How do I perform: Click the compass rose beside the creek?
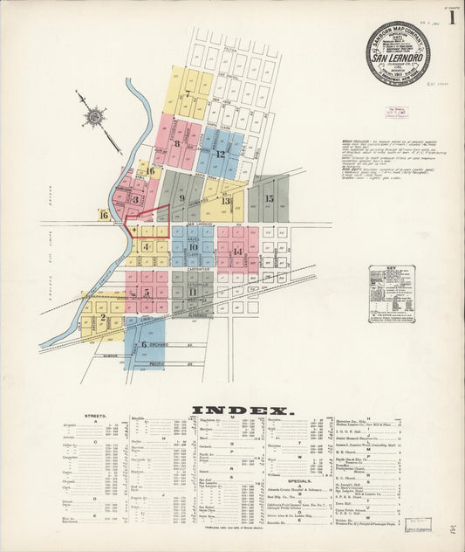(x=94, y=115)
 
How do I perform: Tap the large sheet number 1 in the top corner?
(x=451, y=17)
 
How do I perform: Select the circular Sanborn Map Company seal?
(x=397, y=52)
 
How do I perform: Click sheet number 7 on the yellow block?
(x=187, y=93)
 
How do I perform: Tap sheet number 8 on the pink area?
(x=177, y=143)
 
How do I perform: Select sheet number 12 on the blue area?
(x=220, y=154)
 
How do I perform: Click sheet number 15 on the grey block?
(x=269, y=198)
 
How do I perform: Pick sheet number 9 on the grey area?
(x=181, y=197)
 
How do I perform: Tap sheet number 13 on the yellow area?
(x=225, y=200)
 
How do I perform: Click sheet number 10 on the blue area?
(x=192, y=247)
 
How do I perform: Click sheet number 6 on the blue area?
(x=143, y=344)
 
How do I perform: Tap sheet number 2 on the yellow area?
(x=103, y=318)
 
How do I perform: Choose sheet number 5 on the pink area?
(x=147, y=293)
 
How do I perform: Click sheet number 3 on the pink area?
(x=135, y=199)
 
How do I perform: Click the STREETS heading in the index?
(x=96, y=416)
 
